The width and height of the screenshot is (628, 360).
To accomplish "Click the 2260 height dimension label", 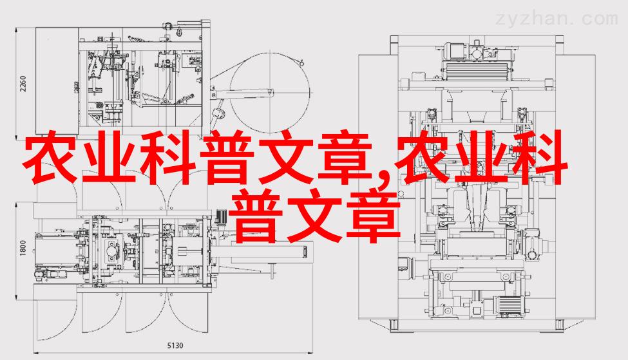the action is (x=23, y=84).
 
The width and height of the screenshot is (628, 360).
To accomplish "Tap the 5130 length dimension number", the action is (x=175, y=345).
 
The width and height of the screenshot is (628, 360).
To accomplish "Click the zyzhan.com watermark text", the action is (x=557, y=19).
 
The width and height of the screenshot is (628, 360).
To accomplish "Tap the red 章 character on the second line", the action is (x=374, y=216).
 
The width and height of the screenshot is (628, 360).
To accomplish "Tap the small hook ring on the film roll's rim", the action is (x=301, y=62).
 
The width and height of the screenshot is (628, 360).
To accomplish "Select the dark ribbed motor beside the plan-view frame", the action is (x=222, y=218).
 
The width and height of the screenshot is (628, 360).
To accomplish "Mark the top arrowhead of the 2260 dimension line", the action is (x=16, y=30).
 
